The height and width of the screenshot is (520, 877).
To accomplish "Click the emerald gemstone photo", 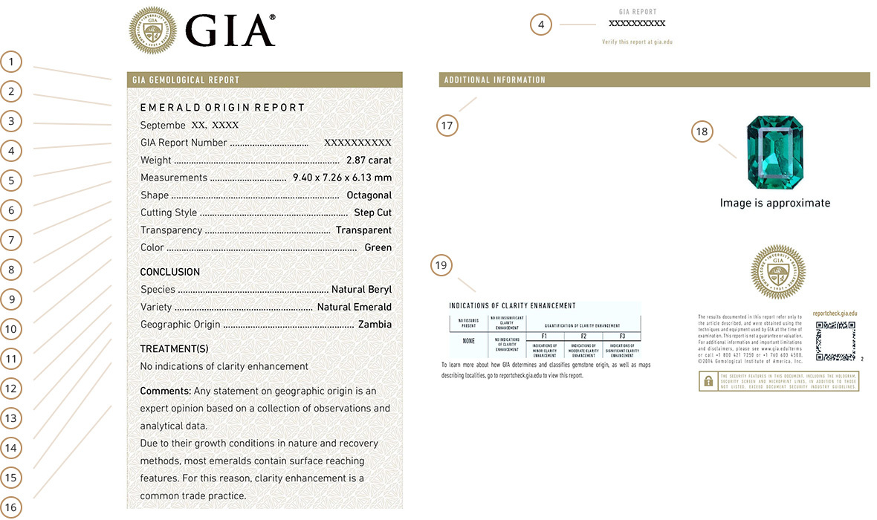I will click(775, 152).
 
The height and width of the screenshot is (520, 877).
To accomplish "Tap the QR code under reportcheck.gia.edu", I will click(836, 341).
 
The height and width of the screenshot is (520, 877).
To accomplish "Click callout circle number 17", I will click(447, 126).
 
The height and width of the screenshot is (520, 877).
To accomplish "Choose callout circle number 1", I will click(11, 61).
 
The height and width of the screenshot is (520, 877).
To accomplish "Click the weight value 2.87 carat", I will click(369, 160).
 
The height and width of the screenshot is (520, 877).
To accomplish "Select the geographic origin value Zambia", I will click(375, 325).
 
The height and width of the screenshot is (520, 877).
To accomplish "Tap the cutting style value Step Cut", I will click(374, 213).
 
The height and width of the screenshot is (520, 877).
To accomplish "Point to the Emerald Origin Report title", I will click(222, 108).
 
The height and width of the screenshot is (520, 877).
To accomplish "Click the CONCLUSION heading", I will click(170, 272).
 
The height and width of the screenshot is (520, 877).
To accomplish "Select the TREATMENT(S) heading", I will click(174, 348).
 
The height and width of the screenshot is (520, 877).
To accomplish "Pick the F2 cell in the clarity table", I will click(583, 337).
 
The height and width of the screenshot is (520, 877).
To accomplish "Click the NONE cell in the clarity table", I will click(468, 342).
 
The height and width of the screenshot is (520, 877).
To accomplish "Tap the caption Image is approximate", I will click(775, 203).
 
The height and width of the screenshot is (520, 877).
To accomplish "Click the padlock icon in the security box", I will click(708, 380).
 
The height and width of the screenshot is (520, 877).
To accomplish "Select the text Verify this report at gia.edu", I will click(637, 42).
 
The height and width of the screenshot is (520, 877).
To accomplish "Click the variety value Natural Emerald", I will click(354, 307).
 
